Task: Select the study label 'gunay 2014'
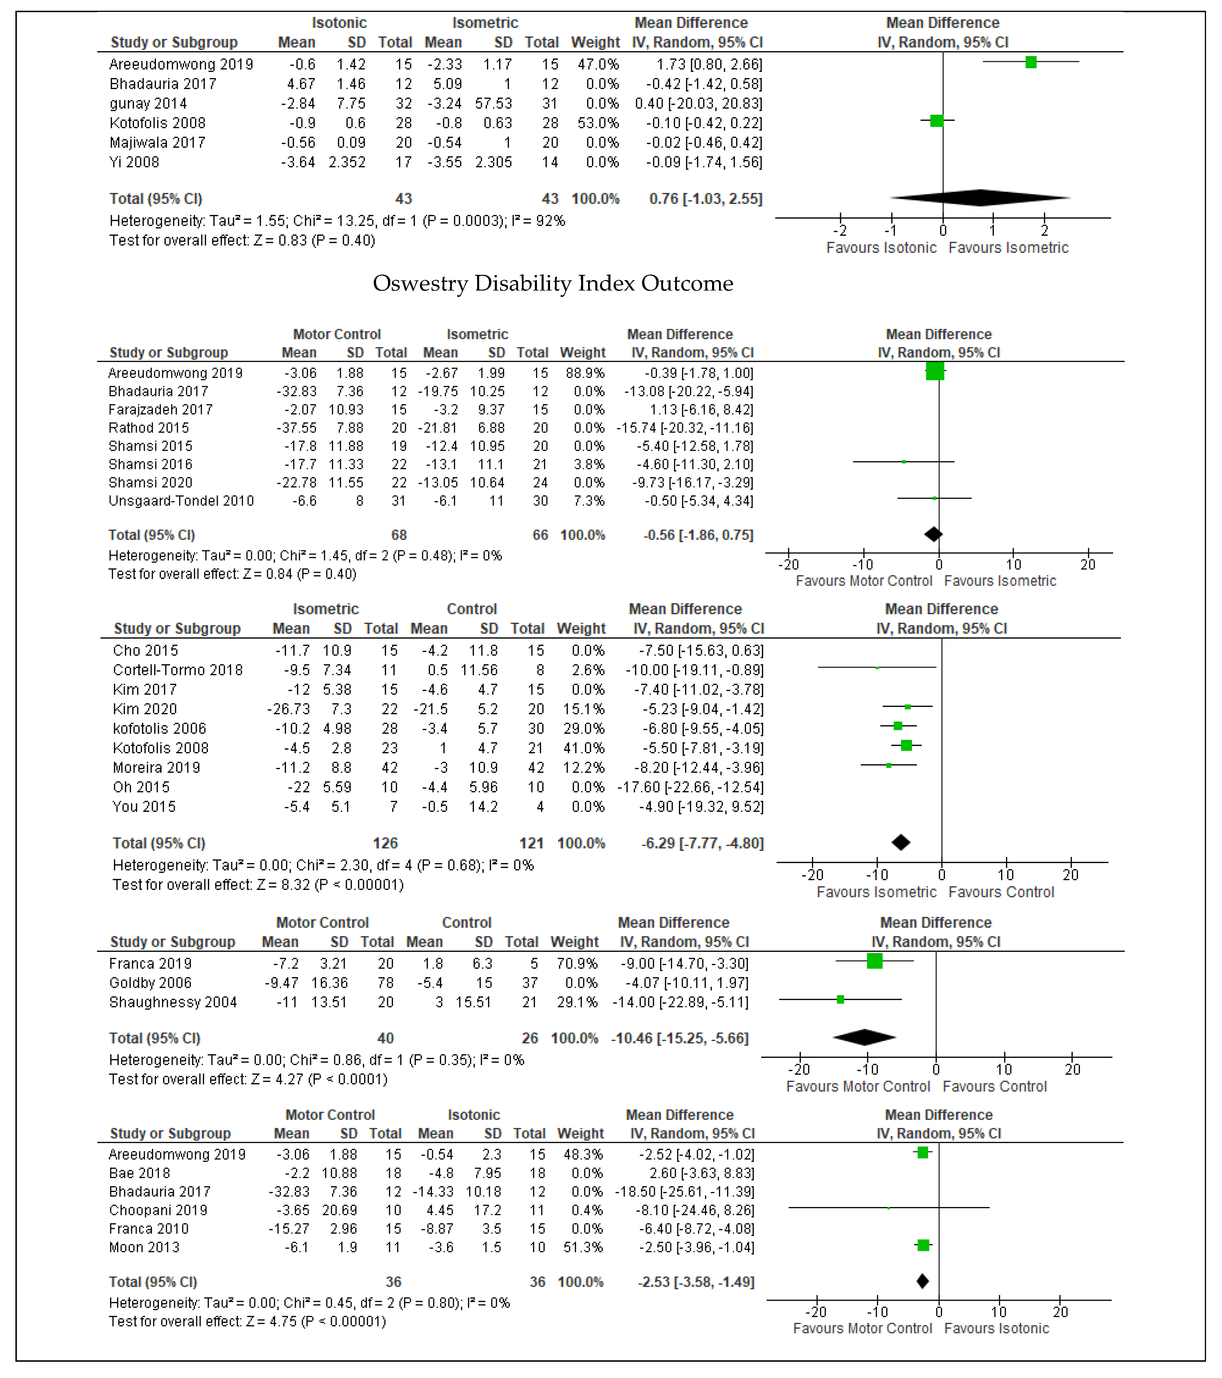pos(148,103)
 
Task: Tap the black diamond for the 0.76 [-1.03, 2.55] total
pos(981,198)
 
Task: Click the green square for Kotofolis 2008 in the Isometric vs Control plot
pos(906,745)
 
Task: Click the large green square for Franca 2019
pos(875,961)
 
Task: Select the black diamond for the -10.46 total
pos(865,1038)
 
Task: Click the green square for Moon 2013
pos(923,1244)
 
